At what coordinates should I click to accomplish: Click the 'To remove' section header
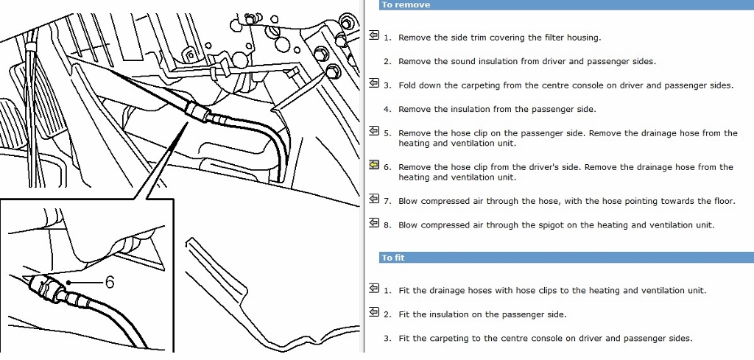(x=406, y=5)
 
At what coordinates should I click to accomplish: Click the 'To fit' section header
(x=393, y=258)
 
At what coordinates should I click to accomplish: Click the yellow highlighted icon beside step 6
(x=374, y=165)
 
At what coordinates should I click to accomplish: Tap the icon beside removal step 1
(x=374, y=35)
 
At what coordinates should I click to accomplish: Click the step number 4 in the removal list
(x=387, y=110)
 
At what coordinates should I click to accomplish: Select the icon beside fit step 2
(x=374, y=313)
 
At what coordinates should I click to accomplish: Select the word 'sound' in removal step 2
(x=464, y=62)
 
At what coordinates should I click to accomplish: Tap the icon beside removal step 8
(x=374, y=223)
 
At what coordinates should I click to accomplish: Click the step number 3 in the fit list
(x=387, y=339)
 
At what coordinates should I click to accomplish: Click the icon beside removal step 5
(x=374, y=132)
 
